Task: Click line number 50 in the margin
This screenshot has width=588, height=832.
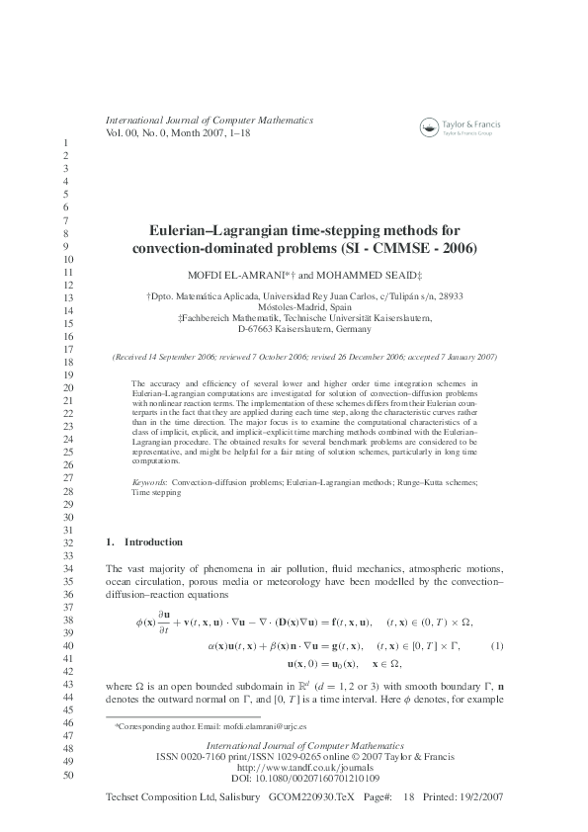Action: pos(68,776)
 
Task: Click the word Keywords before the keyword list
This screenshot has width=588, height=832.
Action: pos(149,481)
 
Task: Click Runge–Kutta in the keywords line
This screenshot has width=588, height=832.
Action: pos(396,481)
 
